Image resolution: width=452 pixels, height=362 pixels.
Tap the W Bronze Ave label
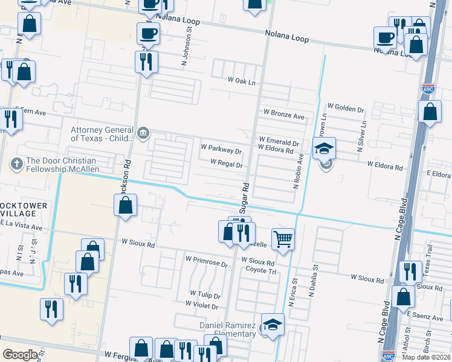tap(283, 115)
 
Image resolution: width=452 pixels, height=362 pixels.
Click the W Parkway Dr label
tap(221, 147)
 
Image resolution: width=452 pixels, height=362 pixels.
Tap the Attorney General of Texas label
tap(102, 134)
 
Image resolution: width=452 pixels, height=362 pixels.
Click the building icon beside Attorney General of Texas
tap(143, 133)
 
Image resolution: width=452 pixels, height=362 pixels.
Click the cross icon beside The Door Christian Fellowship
tap(17, 162)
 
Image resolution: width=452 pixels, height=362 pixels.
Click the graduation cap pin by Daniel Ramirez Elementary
tap(273, 324)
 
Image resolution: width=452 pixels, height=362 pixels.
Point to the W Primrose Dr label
tap(206, 264)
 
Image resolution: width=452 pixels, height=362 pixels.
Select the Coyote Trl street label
tap(260, 271)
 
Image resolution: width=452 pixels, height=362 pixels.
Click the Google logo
tap(20, 355)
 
